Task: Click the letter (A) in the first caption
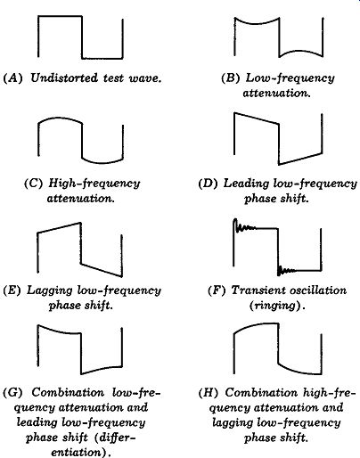[12, 78]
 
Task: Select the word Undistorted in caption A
[64, 78]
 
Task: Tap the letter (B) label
[231, 78]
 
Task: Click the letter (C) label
[34, 183]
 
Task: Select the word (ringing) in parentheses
[277, 306]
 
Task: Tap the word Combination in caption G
[68, 392]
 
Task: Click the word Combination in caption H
[261, 392]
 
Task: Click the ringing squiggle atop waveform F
[244, 225]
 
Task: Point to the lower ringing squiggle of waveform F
[286, 270]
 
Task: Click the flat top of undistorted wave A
[60, 16]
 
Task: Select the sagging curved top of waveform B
[257, 22]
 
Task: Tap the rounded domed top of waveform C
[60, 119]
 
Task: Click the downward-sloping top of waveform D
[257, 119]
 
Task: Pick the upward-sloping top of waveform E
[59, 227]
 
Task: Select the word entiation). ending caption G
[81, 453]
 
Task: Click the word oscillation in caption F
[318, 290]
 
